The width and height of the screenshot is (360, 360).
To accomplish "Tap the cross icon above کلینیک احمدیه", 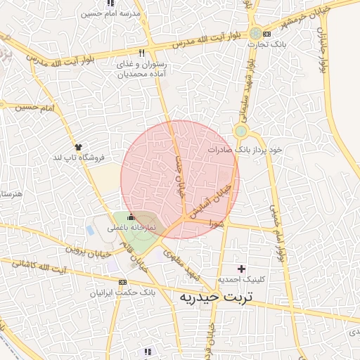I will (242, 269).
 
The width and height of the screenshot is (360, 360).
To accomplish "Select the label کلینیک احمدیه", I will (242, 280).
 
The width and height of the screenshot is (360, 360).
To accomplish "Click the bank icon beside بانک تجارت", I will (256, 33).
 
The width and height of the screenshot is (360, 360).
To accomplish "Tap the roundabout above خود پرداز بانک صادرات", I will (241, 131).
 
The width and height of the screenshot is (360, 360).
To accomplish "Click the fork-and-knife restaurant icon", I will (142, 53).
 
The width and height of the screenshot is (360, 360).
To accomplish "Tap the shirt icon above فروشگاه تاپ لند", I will (77, 147).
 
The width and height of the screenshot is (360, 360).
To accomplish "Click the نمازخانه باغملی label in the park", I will (131, 229).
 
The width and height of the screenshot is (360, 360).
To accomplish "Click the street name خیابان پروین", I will (89, 247).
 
